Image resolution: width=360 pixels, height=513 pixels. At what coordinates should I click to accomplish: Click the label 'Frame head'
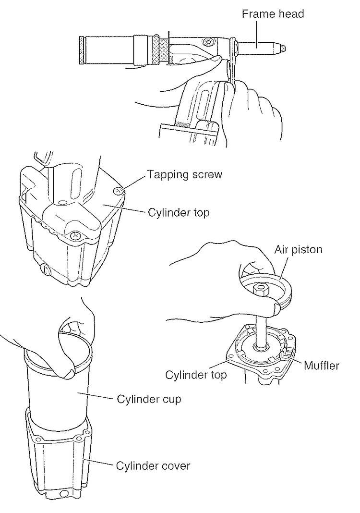pyautogui.click(x=273, y=14)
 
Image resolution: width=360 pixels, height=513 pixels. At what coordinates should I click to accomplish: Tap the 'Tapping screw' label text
pyautogui.click(x=185, y=174)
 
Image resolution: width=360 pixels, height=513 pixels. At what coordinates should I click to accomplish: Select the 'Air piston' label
pyautogui.click(x=298, y=250)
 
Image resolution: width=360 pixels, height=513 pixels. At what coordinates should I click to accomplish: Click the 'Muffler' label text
pyautogui.click(x=321, y=366)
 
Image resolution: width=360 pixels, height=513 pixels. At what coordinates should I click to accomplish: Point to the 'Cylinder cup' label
pyautogui.click(x=149, y=399)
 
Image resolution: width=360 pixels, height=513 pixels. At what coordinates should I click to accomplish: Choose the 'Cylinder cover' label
pyautogui.click(x=153, y=465)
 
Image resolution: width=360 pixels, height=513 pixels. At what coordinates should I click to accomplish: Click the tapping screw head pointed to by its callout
pyautogui.click(x=118, y=191)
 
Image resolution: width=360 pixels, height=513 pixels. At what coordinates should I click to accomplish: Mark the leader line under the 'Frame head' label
pyautogui.click(x=258, y=31)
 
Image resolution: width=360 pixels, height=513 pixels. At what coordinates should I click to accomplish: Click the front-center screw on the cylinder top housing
pyautogui.click(x=74, y=236)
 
